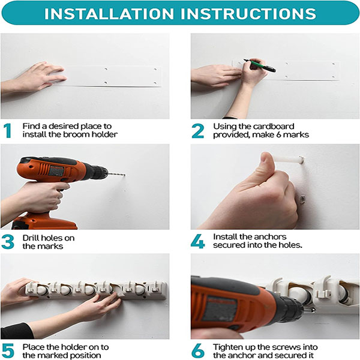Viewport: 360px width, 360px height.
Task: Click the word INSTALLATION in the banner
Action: [109, 14]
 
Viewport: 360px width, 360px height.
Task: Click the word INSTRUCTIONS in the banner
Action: [248, 14]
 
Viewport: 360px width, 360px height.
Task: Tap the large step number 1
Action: [8, 131]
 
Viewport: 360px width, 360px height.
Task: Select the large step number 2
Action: [197, 131]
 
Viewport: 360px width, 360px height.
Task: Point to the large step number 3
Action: [8, 242]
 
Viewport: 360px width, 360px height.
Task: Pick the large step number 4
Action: [197, 241]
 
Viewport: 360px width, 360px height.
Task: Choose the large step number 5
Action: [8, 351]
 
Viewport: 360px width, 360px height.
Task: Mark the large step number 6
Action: [197, 351]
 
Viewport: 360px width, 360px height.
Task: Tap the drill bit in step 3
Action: [116, 175]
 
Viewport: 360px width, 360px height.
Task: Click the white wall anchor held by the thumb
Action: [289, 159]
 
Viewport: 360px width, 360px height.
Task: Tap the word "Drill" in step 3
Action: [31, 238]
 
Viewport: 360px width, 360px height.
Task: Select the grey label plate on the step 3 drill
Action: [56, 171]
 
